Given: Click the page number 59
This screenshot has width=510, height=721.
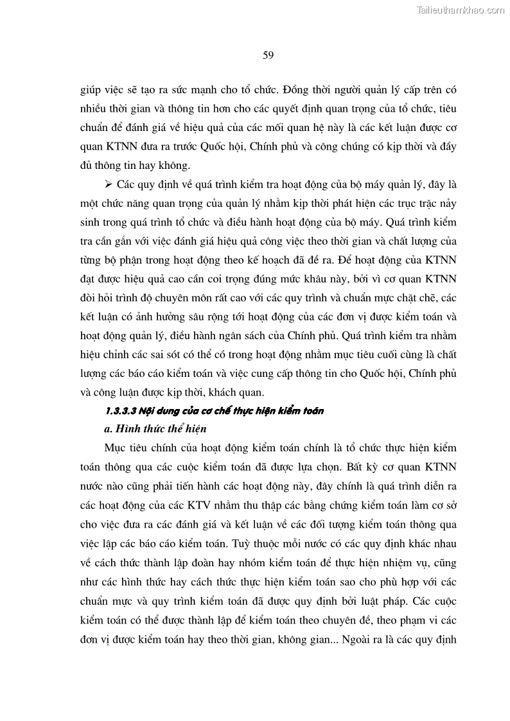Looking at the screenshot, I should click(x=268, y=55).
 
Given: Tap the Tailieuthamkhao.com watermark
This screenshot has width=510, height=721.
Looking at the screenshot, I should click(x=461, y=10).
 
